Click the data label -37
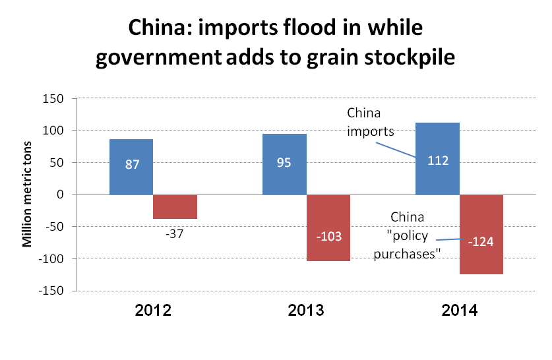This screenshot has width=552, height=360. click(x=175, y=232)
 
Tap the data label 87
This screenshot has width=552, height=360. click(x=131, y=164)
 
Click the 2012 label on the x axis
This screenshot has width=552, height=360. click(x=153, y=310)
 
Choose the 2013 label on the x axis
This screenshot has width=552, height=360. click(x=306, y=310)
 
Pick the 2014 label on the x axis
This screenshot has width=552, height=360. click(x=459, y=310)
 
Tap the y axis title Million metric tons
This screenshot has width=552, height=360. click(x=28, y=195)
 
